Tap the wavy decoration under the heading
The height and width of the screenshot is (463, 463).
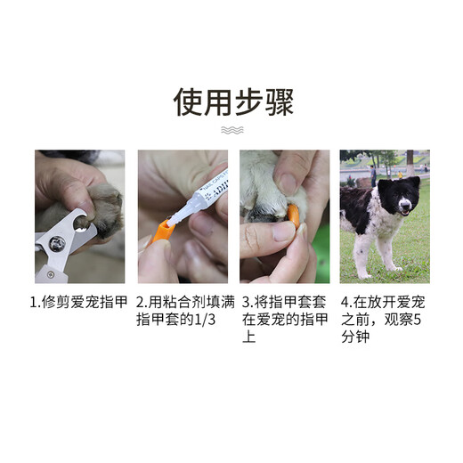[x=231, y=131]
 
